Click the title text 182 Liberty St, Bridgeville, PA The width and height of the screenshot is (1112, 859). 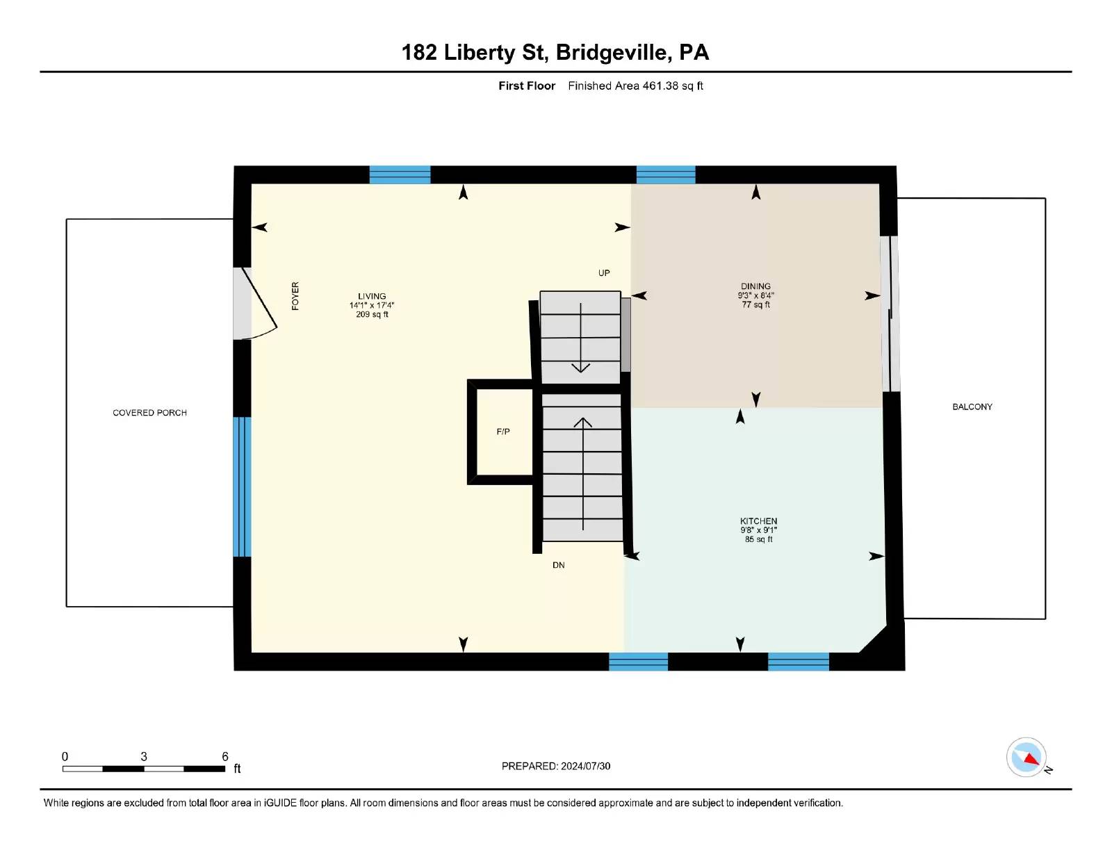555,53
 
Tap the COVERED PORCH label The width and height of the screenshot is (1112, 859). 149,413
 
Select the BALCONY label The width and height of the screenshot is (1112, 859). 972,407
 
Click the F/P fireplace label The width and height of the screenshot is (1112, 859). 503,432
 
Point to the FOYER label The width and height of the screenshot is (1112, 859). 295,296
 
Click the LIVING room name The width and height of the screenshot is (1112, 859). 372,296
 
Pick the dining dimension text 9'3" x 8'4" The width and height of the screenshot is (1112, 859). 755,295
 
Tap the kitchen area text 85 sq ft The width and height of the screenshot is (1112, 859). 758,539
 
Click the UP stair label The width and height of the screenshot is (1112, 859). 604,273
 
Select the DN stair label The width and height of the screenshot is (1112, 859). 558,565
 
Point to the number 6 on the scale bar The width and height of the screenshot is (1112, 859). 224,756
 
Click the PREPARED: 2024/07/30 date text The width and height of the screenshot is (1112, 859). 556,766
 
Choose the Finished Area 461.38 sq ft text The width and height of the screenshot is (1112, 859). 635,86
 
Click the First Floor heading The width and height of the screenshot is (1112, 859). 527,86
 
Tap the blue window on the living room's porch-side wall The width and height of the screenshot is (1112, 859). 242,486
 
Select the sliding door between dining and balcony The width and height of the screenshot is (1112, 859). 890,313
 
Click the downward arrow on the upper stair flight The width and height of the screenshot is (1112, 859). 580,338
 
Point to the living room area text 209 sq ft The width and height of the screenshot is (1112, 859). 372,314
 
